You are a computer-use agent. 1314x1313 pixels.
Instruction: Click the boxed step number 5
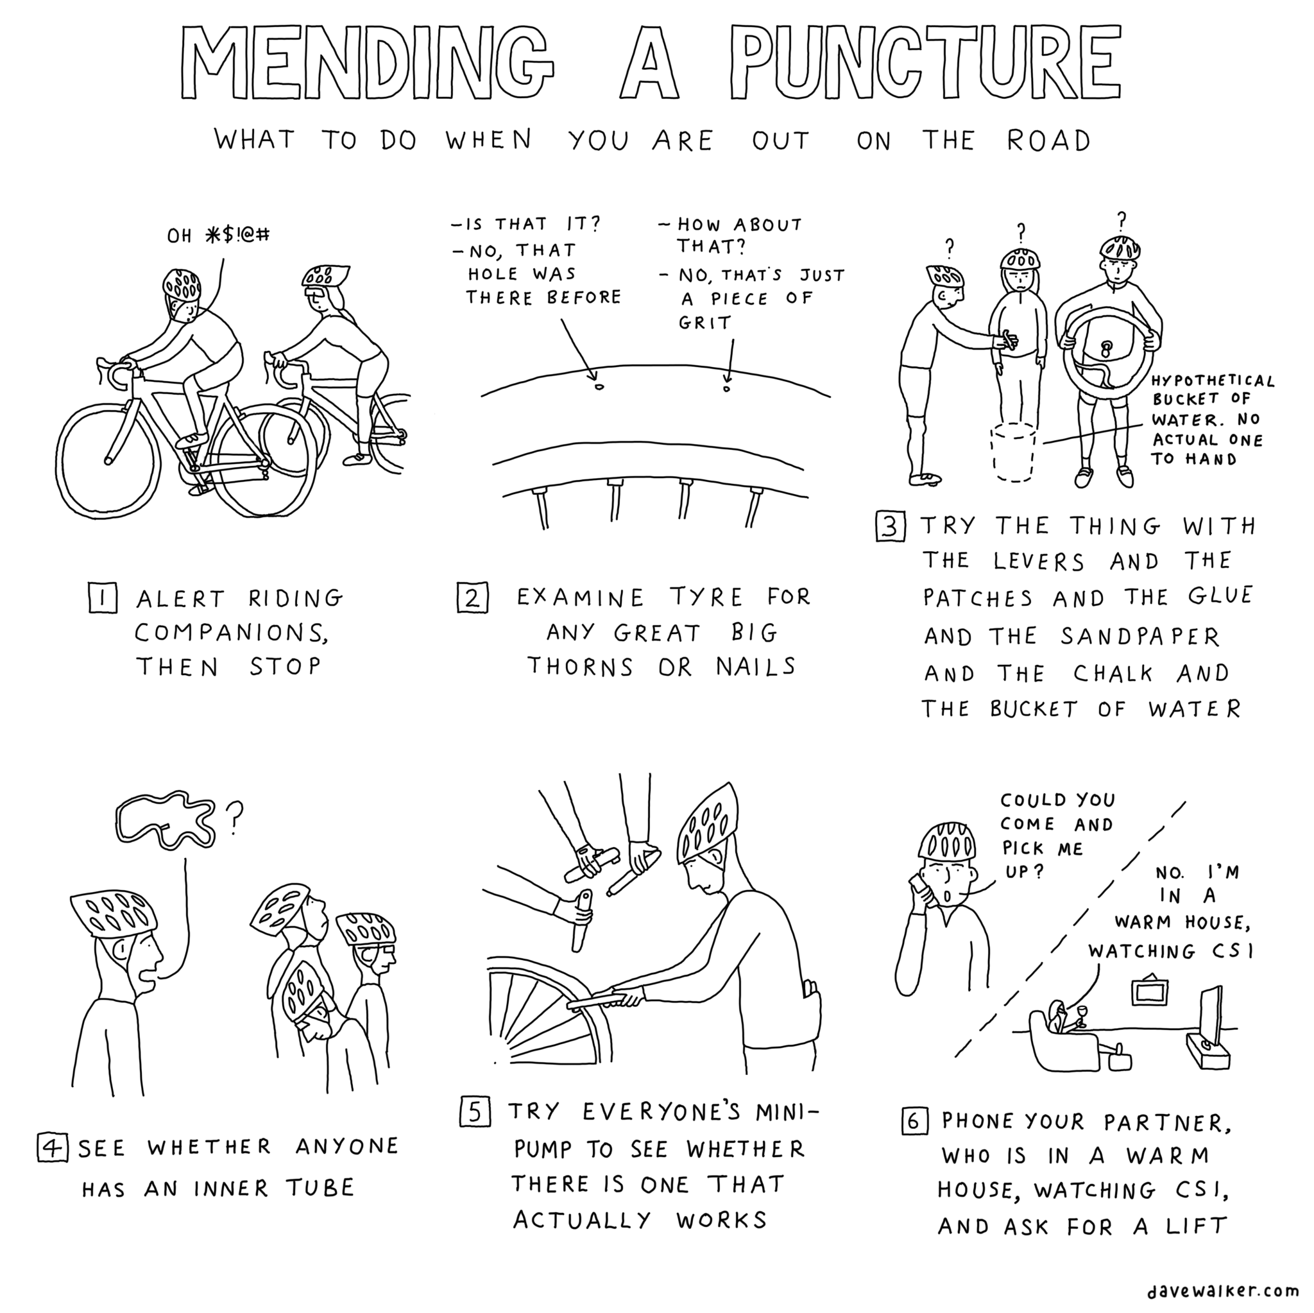point(475,1112)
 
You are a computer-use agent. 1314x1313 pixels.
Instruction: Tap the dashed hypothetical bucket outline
point(1012,452)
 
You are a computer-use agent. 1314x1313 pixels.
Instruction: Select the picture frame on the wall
point(1148,992)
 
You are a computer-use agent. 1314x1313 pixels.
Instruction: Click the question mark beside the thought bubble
point(235,817)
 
